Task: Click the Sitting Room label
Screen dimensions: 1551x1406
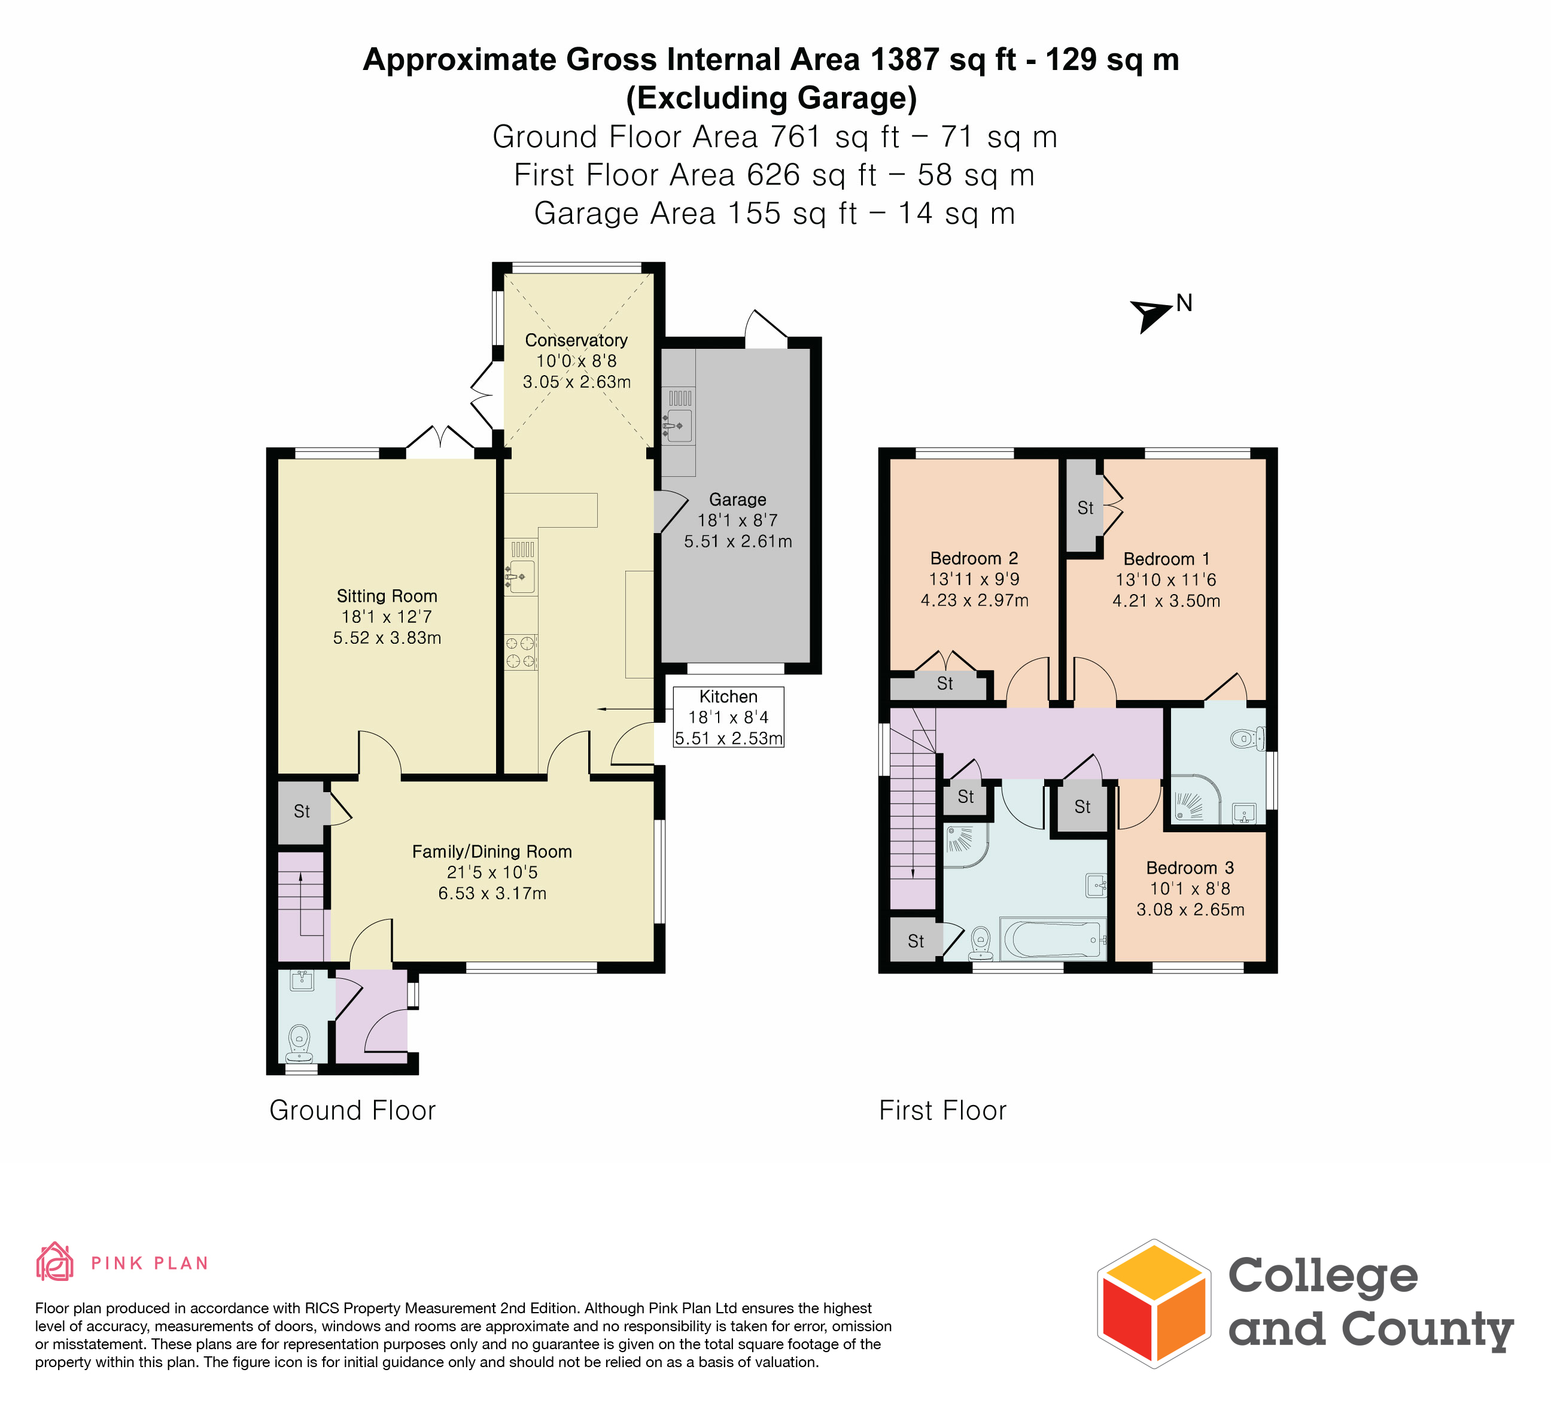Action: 387,596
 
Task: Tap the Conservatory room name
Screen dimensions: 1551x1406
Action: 576,340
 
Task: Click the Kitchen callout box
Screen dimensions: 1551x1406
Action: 729,717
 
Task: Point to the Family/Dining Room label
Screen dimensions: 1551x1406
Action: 492,851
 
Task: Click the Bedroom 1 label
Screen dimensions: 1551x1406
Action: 1166,559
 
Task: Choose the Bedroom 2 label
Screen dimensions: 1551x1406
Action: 974,558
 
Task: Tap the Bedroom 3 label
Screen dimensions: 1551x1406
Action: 1190,868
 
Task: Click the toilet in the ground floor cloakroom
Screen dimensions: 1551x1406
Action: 299,1043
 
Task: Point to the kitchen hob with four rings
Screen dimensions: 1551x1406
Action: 521,652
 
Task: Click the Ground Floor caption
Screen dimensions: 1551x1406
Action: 352,1110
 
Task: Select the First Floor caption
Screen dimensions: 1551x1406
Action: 942,1110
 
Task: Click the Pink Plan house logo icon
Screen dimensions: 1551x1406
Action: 54,1262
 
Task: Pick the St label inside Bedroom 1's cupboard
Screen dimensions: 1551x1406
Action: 1085,507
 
